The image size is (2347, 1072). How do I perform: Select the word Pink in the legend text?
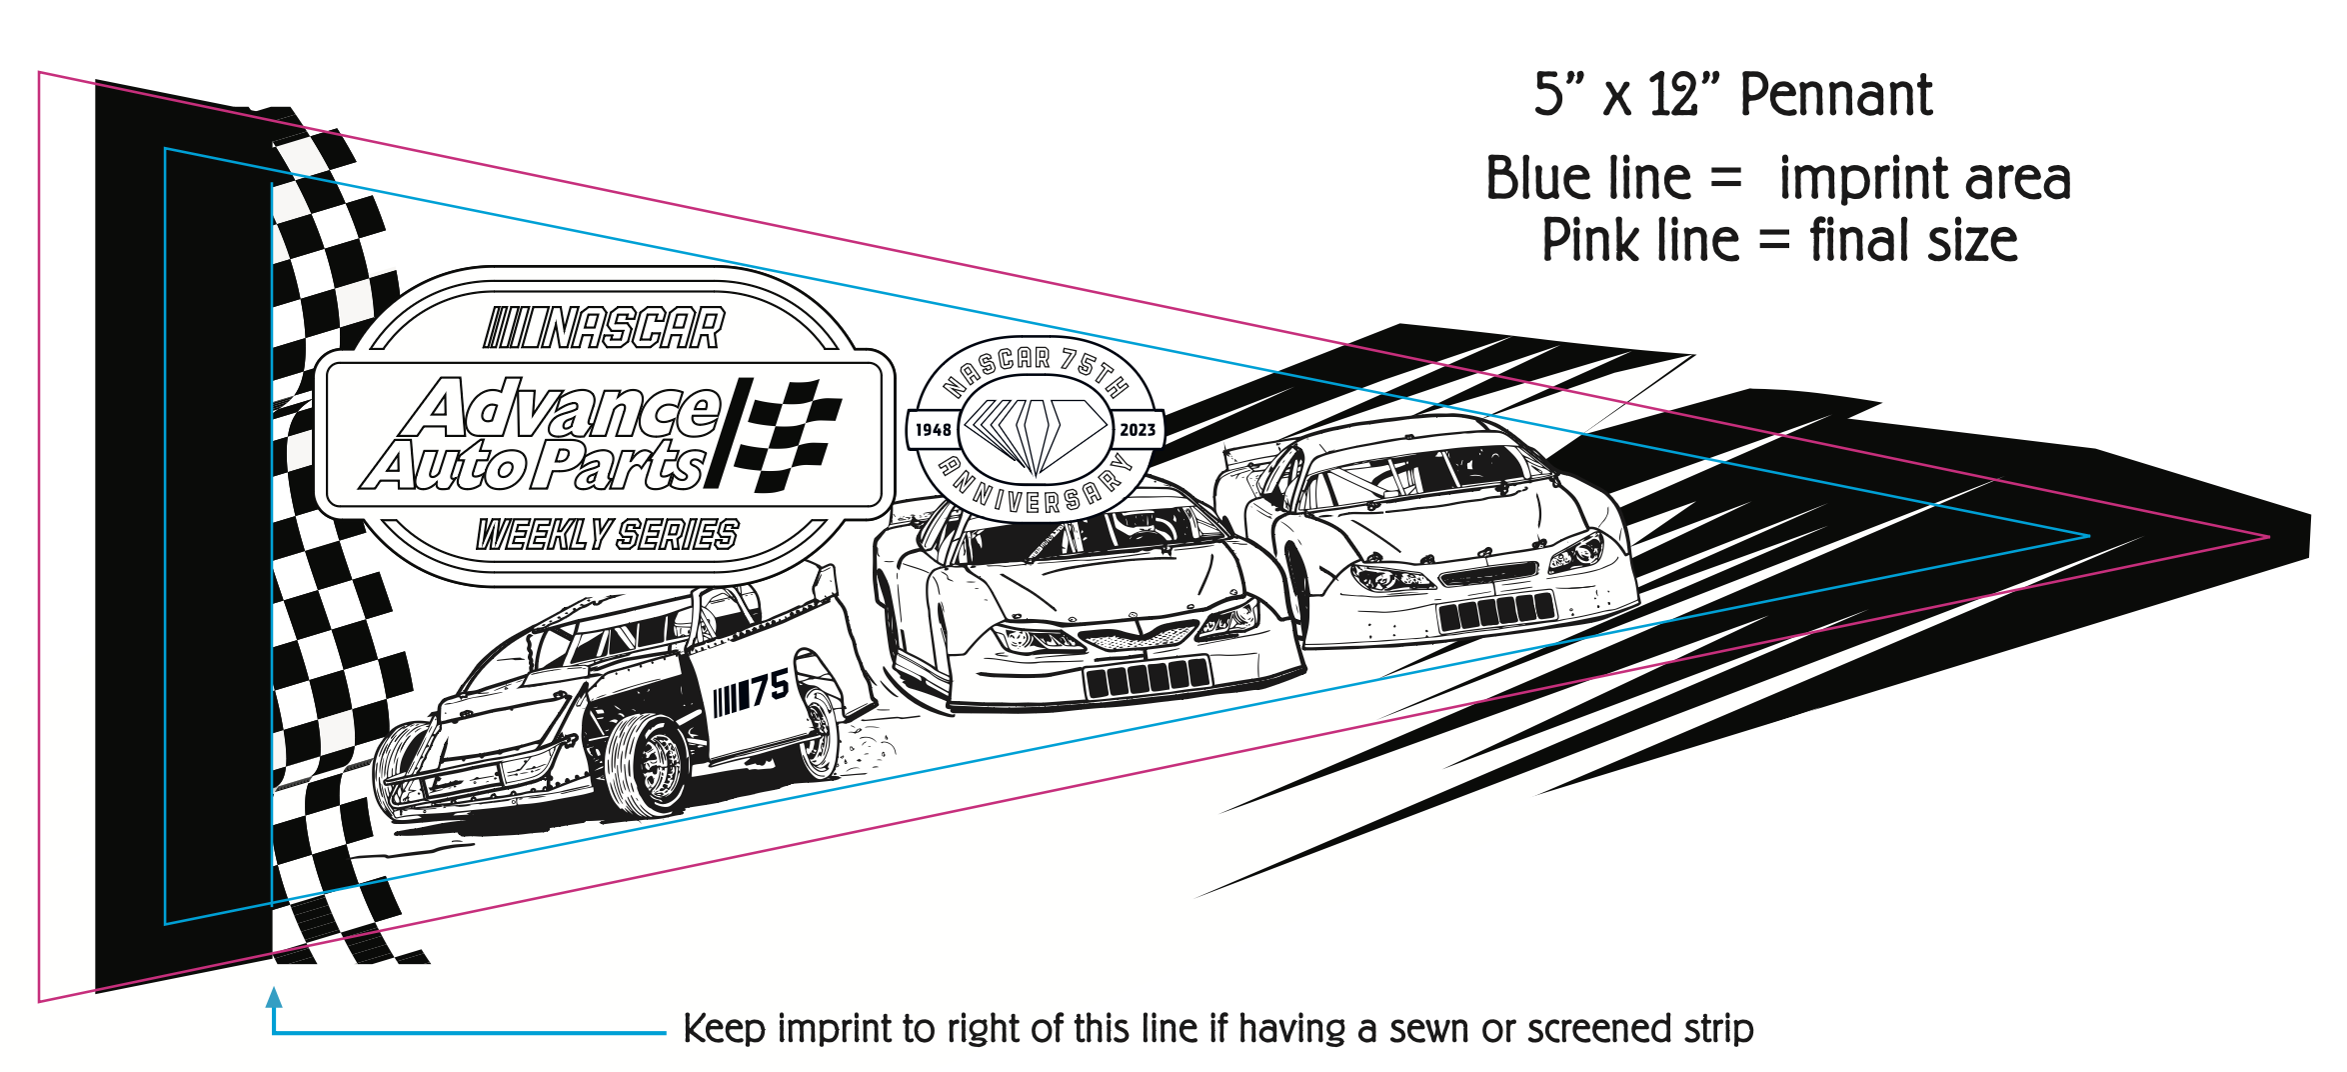[1589, 241]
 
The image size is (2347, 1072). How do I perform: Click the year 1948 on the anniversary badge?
[933, 430]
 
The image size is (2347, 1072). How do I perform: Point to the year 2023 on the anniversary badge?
[1138, 430]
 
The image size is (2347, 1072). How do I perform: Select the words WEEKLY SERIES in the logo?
[607, 535]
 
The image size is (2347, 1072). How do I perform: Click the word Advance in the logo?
[570, 409]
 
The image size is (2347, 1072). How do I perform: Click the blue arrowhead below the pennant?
[274, 997]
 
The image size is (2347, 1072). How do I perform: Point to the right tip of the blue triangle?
[2087, 536]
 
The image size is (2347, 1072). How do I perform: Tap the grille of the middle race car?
[1140, 636]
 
